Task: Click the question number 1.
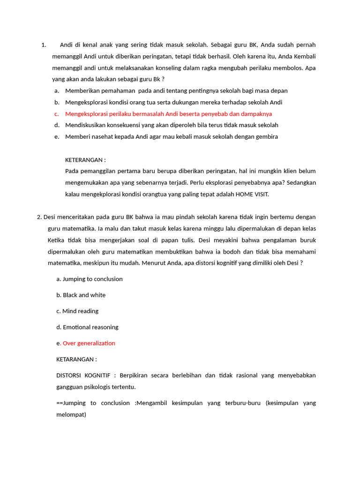[x=44, y=45]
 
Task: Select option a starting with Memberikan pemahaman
[x=176, y=90]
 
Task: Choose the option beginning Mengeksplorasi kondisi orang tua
[x=173, y=102]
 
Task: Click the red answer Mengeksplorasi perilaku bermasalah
[x=168, y=114]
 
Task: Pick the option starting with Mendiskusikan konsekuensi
[x=172, y=125]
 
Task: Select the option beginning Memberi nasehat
[x=172, y=137]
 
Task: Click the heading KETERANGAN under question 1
[x=85, y=160]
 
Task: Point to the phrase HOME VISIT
[x=252, y=194]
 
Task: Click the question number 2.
[x=39, y=217]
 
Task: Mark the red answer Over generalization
[x=89, y=343]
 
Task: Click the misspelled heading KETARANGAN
[x=76, y=360]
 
